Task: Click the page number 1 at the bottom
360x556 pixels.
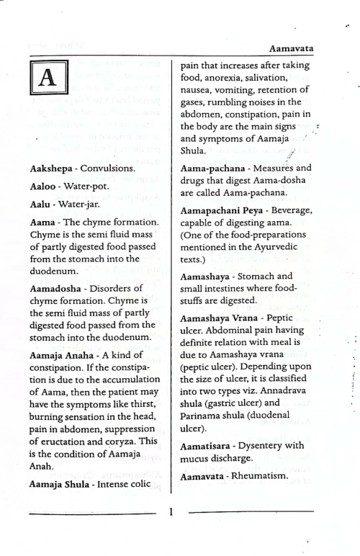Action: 171,514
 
